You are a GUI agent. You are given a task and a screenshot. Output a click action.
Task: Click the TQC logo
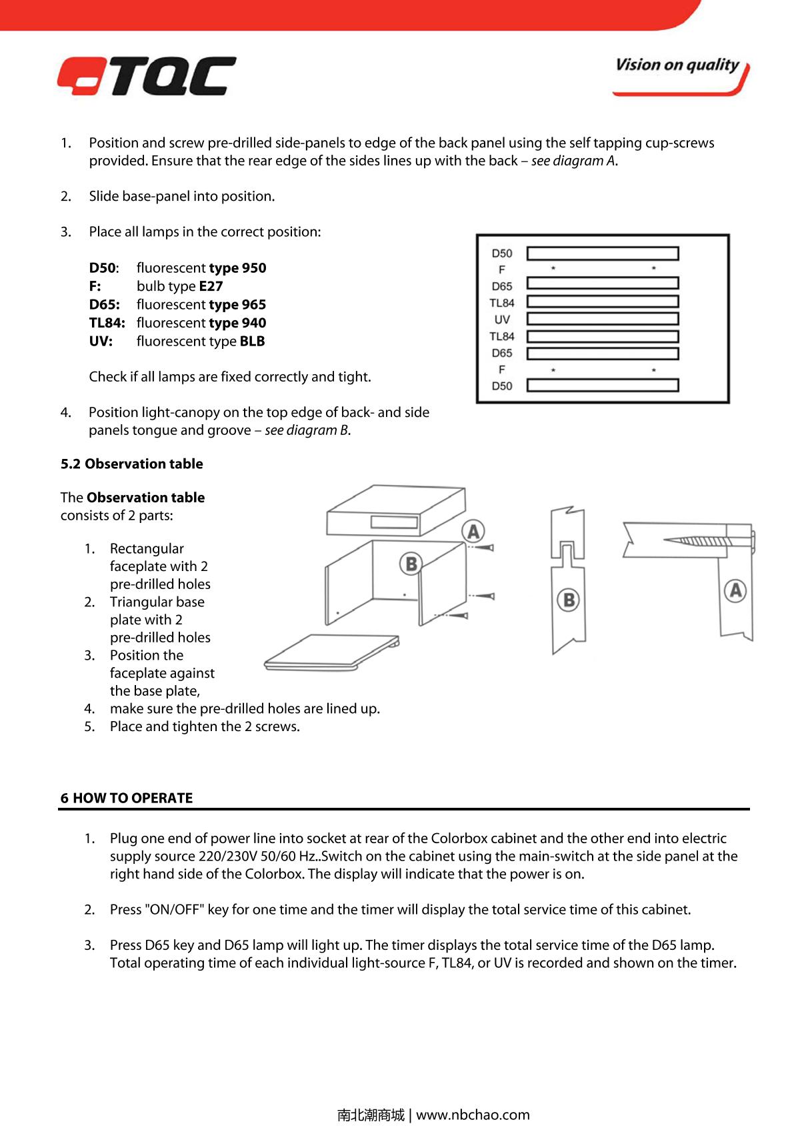pyautogui.click(x=147, y=75)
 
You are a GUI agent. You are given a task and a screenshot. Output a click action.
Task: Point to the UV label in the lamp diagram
pyautogui.click(x=502, y=320)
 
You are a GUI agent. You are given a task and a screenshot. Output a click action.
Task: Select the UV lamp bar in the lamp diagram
pyautogui.click(x=603, y=320)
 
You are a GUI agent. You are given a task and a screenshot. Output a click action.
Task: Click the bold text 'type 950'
pyautogui.click(x=237, y=268)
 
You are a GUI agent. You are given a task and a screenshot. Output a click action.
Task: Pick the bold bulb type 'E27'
pyautogui.click(x=211, y=286)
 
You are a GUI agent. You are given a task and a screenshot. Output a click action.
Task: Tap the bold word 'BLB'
pyautogui.click(x=252, y=342)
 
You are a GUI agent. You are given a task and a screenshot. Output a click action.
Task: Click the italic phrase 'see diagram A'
pyautogui.click(x=573, y=161)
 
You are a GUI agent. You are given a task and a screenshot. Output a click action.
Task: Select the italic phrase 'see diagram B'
pyautogui.click(x=307, y=430)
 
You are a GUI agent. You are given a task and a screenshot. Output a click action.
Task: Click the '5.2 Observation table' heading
pyautogui.click(x=132, y=464)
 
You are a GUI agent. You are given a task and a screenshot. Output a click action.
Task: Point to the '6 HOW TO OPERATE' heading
pyautogui.click(x=127, y=798)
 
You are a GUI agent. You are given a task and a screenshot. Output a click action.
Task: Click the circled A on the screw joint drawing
pyautogui.click(x=735, y=590)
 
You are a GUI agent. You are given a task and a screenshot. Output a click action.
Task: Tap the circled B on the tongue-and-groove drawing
pyautogui.click(x=569, y=600)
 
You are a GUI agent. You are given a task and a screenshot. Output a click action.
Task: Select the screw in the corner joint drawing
pyautogui.click(x=700, y=539)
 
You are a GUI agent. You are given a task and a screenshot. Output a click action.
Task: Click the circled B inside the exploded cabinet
pyautogui.click(x=411, y=564)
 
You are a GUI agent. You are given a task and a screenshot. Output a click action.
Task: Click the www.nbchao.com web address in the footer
pyautogui.click(x=473, y=1115)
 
